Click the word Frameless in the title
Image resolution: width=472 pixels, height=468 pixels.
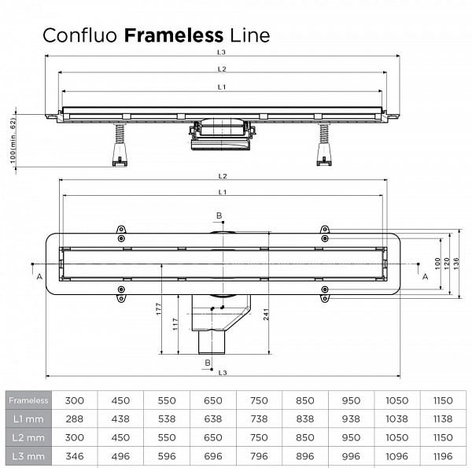[174, 35]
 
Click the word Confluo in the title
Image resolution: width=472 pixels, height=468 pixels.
[81, 35]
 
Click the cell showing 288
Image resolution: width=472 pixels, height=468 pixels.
[74, 418]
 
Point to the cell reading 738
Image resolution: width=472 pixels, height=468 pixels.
[258, 418]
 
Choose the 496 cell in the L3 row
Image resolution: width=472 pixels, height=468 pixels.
[120, 455]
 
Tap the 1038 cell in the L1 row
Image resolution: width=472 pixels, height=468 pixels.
[396, 418]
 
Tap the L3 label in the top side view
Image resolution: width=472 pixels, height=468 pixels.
[223, 53]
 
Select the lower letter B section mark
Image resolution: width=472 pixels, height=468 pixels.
[208, 362]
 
